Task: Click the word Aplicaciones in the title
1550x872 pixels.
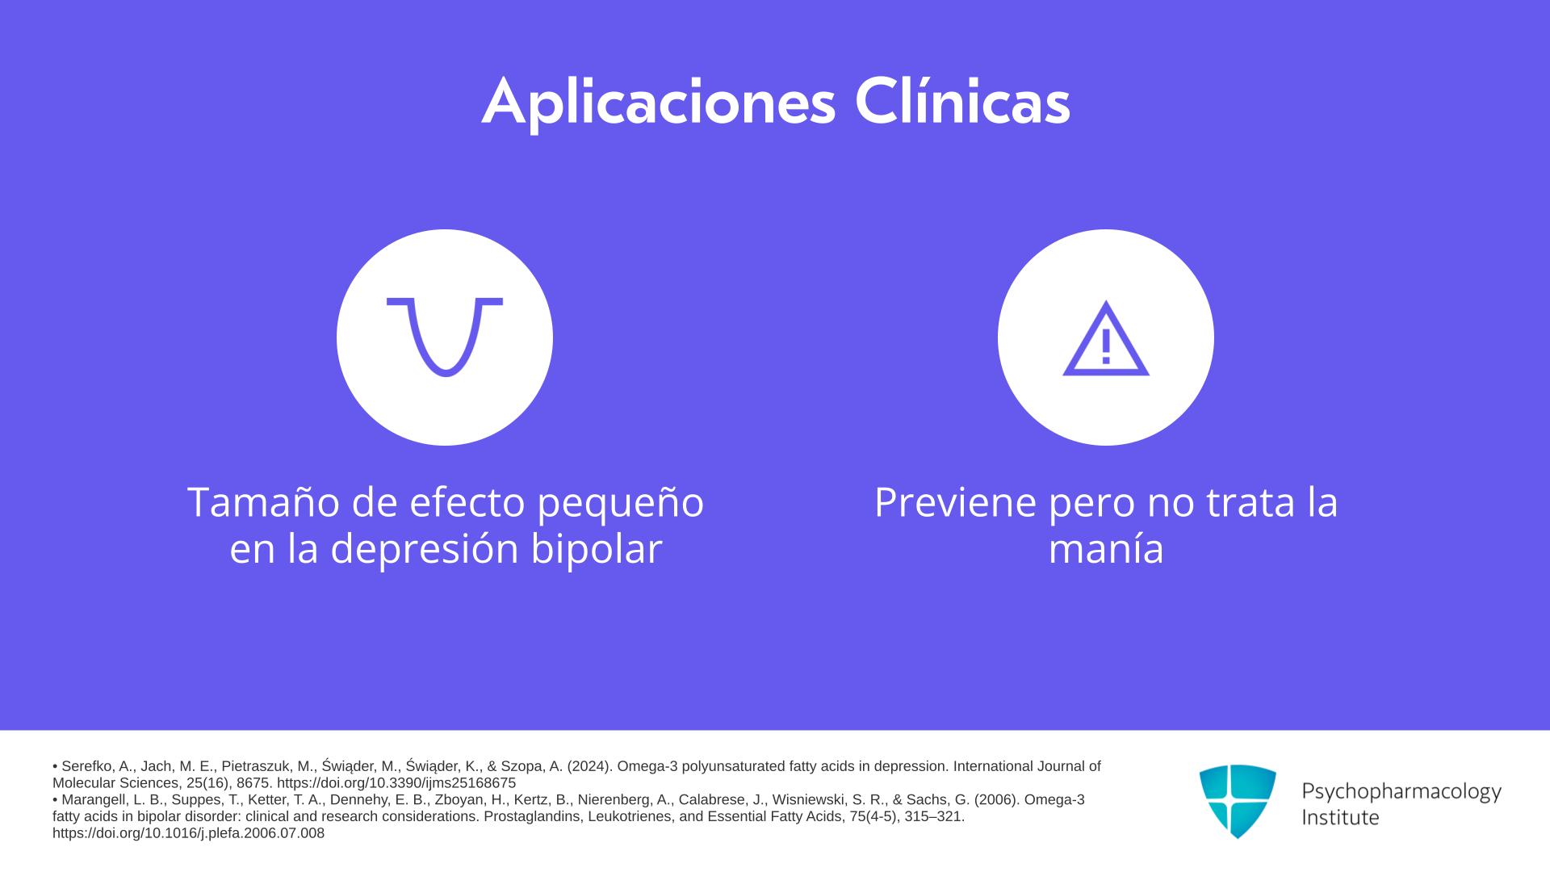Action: pyautogui.click(x=659, y=103)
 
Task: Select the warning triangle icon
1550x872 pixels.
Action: pyautogui.click(x=1106, y=338)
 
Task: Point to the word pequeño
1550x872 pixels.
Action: pyautogui.click(x=620, y=504)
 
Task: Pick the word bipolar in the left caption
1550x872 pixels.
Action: pyautogui.click(x=597, y=550)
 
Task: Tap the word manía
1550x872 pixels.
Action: pyautogui.click(x=1106, y=548)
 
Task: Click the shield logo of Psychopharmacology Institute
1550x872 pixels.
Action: pyautogui.click(x=1238, y=801)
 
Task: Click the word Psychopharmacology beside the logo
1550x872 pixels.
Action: pyautogui.click(x=1401, y=792)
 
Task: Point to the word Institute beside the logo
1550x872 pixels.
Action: pyautogui.click(x=1340, y=817)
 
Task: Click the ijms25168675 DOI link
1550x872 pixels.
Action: pyautogui.click(x=396, y=783)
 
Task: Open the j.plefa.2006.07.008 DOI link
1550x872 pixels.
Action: pyautogui.click(x=188, y=833)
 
